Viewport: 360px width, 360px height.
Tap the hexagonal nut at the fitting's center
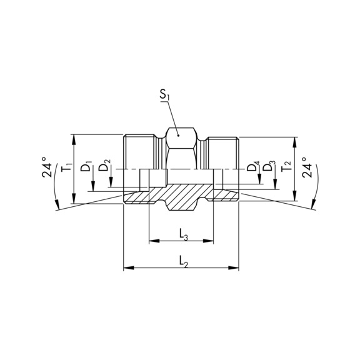(x=181, y=149)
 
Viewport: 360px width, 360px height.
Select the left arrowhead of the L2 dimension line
(x=127, y=268)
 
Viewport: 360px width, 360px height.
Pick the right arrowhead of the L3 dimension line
(x=210, y=240)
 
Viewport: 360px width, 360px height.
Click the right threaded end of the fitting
(x=222, y=153)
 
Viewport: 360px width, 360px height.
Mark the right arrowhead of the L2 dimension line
(x=236, y=268)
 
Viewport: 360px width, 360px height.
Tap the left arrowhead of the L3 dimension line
(x=152, y=240)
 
